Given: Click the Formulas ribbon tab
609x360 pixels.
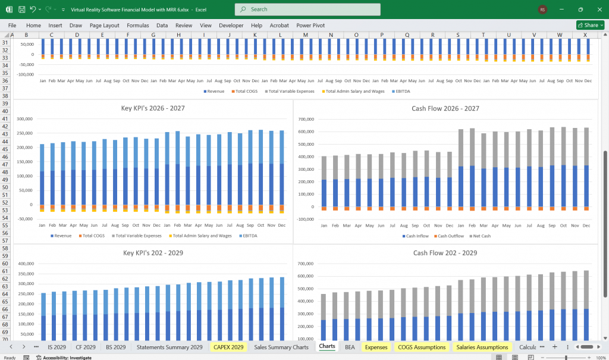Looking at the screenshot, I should coord(137,26).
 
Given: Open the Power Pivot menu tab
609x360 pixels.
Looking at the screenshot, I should coord(310,26).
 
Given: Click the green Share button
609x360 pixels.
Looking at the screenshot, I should coord(590,25).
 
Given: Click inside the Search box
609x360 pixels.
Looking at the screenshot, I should coord(307,10).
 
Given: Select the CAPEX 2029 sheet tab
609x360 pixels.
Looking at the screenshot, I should coord(228,347).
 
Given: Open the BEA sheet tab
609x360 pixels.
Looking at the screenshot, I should coord(350,347).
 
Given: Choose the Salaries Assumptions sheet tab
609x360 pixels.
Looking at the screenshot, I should coord(482,347).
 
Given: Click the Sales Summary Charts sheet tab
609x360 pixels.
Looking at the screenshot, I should coord(281,347).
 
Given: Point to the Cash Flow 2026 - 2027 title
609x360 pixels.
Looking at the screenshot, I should coord(445,108).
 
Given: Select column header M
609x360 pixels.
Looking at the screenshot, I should coord(305,35).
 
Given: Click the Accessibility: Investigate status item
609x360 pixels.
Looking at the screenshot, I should coord(59,357).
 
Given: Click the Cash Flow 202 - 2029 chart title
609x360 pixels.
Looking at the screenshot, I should coord(445,253).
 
